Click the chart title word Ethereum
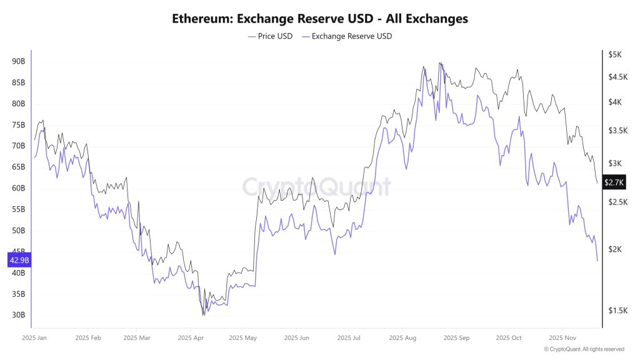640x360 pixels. tap(199, 19)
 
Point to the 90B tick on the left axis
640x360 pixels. tap(17, 61)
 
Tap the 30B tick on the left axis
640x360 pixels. tap(17, 315)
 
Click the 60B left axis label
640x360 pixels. tap(17, 188)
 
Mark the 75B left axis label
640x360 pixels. tap(17, 125)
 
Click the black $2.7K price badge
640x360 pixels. tap(614, 182)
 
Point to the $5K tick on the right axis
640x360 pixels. tap(615, 54)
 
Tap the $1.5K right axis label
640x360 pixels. tap(616, 311)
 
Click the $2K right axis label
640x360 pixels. tap(615, 249)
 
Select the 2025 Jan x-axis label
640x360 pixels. tap(34, 337)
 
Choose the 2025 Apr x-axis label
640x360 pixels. tap(191, 337)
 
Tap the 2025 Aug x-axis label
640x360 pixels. tap(403, 337)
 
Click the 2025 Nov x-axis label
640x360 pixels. tap(562, 337)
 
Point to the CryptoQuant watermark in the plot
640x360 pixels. tap(316, 187)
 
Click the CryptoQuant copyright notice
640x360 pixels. tap(584, 349)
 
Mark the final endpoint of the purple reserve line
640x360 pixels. tap(597, 260)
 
